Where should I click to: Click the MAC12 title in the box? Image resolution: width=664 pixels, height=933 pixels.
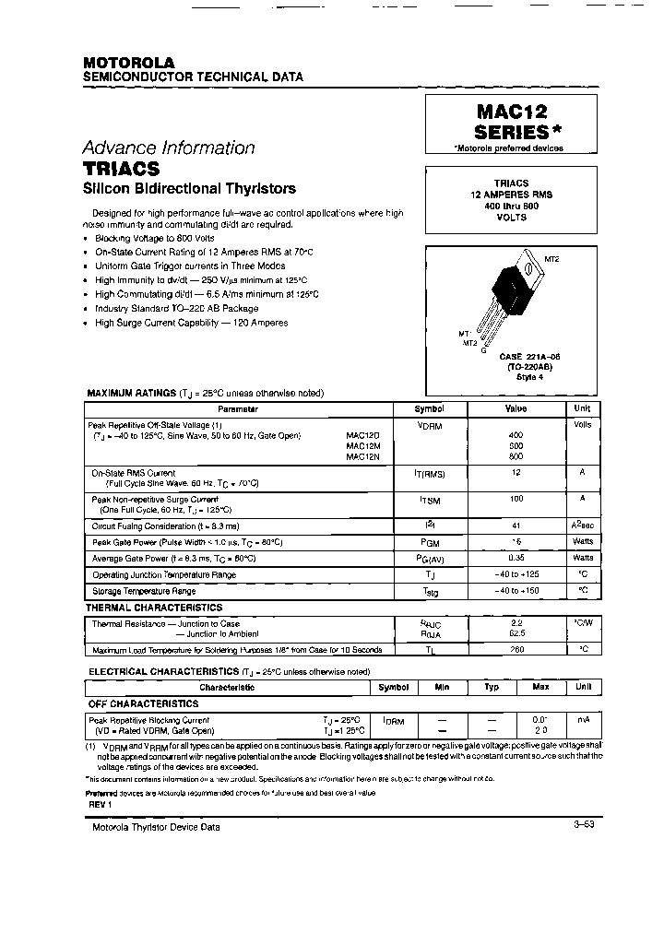point(512,112)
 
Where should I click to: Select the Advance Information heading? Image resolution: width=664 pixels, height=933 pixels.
point(168,148)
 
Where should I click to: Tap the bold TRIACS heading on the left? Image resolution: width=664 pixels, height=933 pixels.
point(121,170)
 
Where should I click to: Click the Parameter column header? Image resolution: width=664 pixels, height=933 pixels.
point(237,408)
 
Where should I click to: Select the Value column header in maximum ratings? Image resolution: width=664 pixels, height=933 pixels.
point(516,408)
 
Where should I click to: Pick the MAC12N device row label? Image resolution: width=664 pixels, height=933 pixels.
point(357,456)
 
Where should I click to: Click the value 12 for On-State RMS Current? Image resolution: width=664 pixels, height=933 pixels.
point(516,472)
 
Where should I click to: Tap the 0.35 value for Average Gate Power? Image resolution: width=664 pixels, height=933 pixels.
point(516,558)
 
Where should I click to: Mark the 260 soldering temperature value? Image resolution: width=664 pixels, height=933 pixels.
point(516,649)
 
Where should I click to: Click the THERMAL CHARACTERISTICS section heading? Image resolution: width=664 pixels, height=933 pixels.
point(154,608)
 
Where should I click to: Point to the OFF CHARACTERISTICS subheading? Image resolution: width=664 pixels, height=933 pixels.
point(143,703)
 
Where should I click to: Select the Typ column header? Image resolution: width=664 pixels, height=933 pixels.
point(492,687)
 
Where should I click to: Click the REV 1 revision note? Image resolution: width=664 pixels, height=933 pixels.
point(101,804)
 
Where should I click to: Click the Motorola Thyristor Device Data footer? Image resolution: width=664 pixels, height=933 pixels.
point(156,827)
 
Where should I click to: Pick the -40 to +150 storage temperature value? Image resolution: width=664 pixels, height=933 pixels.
point(516,590)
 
